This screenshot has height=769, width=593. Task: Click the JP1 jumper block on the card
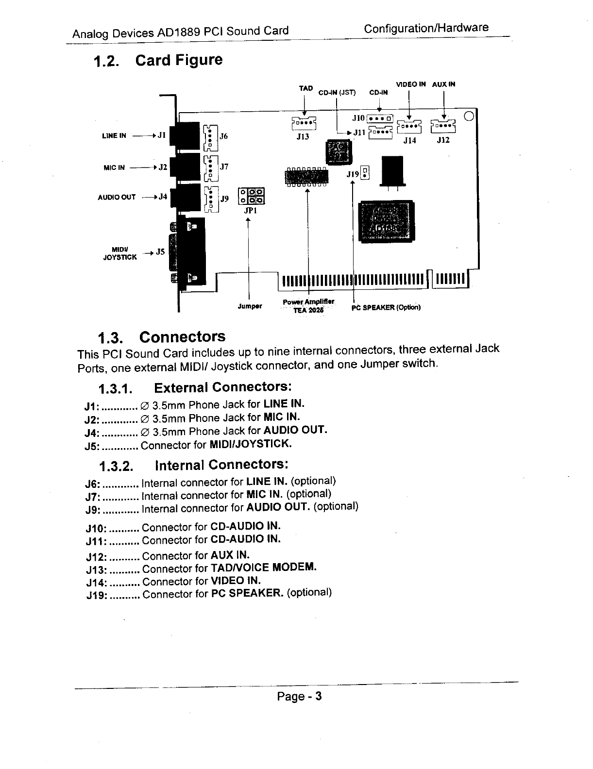251,196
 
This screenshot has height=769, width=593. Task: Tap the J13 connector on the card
304,123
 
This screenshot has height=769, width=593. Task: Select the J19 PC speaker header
365,173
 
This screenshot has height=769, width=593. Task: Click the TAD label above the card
305,88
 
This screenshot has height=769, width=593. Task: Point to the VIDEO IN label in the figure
411,84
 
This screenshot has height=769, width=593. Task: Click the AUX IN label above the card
444,84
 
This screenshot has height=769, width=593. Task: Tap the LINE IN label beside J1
114,135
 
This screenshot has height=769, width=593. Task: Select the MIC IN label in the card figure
114,167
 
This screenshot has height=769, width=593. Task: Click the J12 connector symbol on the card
443,127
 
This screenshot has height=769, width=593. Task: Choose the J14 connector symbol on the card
409,127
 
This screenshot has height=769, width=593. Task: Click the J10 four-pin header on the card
380,118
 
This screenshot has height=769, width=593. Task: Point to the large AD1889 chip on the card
387,221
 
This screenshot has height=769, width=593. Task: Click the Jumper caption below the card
250,306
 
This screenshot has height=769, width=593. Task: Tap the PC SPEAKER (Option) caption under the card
386,307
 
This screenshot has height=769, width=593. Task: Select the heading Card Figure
179,60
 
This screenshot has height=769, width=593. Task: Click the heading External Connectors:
223,387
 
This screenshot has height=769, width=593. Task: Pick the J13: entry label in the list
96,569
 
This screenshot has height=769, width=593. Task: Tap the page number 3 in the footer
318,696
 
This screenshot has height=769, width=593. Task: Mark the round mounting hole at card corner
468,117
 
